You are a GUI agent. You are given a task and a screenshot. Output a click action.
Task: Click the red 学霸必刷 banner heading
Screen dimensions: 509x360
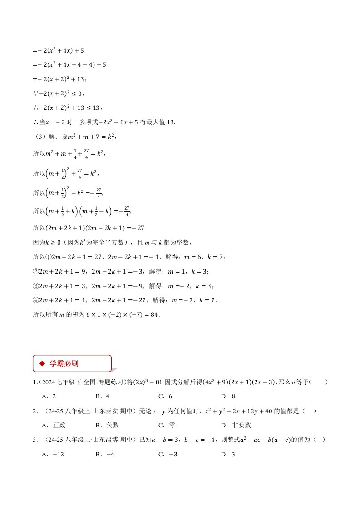pyautogui.click(x=72, y=363)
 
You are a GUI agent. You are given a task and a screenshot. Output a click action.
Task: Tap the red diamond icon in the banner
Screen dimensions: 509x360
pyautogui.click(x=42, y=363)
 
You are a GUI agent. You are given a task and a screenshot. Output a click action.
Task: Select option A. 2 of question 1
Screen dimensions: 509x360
pyautogui.click(x=49, y=396)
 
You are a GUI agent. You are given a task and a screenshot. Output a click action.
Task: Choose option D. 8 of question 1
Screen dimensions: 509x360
pyautogui.click(x=228, y=396)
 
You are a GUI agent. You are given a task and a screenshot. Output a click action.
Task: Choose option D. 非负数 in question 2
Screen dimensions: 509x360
pyautogui.click(x=236, y=425)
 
